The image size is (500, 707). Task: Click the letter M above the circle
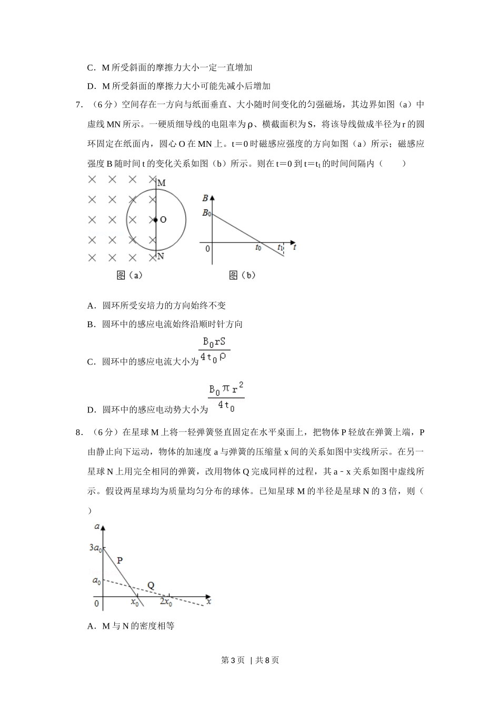[x=162, y=183]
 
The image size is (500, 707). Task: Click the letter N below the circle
[x=161, y=256]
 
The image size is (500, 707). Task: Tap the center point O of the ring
[x=156, y=219]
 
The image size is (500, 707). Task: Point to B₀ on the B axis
[x=206, y=214]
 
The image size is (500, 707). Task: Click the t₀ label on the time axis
[x=258, y=248]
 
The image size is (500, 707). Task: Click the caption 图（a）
[x=129, y=275]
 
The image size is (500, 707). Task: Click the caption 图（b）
[x=242, y=275]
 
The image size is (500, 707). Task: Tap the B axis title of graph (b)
[x=205, y=198]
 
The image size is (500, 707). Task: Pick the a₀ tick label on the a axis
[x=96, y=581]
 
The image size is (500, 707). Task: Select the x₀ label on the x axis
[x=135, y=603]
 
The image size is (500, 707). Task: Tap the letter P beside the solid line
[x=119, y=560]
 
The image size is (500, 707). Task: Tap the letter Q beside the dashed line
[x=151, y=585]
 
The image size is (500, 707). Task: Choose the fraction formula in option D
[x=226, y=398]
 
